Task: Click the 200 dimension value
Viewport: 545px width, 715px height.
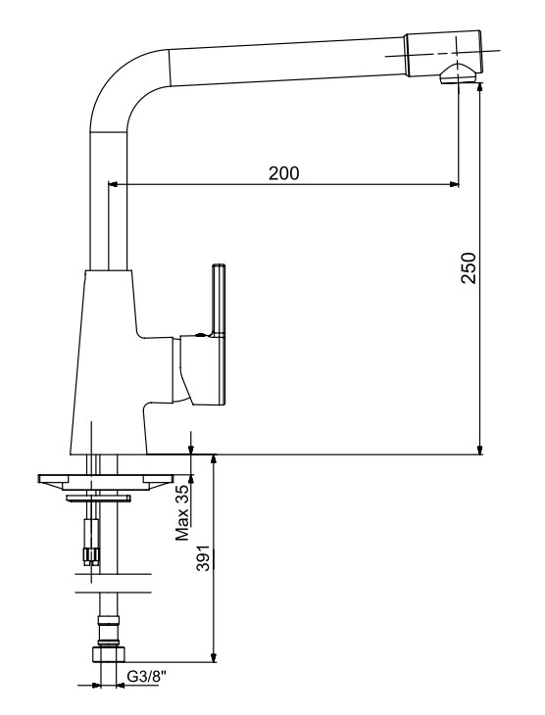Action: pyautogui.click(x=283, y=173)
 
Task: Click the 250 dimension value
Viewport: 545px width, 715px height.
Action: pyautogui.click(x=469, y=267)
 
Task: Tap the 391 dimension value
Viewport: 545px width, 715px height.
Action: pyautogui.click(x=203, y=557)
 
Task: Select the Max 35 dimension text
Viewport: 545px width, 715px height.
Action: pyautogui.click(x=182, y=512)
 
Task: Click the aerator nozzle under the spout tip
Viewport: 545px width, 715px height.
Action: pyautogui.click(x=457, y=74)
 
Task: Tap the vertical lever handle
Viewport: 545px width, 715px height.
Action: pyautogui.click(x=220, y=300)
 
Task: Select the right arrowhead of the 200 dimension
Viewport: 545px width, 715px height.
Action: pyautogui.click(x=454, y=184)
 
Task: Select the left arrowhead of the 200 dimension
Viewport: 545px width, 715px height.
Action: pyautogui.click(x=113, y=184)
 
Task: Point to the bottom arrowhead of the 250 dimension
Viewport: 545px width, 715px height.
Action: pyautogui.click(x=479, y=450)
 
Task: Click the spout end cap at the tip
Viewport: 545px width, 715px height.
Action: pyautogui.click(x=442, y=53)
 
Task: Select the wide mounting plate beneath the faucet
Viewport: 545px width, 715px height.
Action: pyautogui.click(x=106, y=483)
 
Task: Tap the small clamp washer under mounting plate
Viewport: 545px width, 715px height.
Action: pyautogui.click(x=98, y=498)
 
